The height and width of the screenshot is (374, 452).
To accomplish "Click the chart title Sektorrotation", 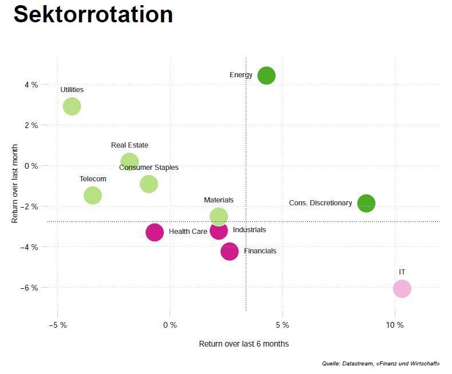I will [93, 14].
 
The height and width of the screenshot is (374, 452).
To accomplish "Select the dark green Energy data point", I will [266, 75].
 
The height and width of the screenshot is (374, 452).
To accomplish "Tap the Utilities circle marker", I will [72, 106].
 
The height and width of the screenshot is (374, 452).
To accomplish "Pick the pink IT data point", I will [402, 289].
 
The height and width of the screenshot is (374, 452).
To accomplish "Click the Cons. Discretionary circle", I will [366, 203].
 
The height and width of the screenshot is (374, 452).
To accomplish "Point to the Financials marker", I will [229, 251].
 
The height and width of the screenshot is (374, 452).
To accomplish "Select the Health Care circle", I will [155, 232].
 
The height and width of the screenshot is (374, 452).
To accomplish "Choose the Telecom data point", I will [93, 195].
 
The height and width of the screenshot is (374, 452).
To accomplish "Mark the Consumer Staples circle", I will [149, 184].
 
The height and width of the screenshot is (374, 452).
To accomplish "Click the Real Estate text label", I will [129, 145].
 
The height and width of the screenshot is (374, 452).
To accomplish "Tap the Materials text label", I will [219, 200].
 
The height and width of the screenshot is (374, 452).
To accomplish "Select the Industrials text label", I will [249, 230].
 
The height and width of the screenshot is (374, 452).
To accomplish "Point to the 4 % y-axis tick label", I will [31, 85].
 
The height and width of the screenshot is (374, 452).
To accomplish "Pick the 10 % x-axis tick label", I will [395, 325].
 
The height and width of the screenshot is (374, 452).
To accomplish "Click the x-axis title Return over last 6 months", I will [243, 344].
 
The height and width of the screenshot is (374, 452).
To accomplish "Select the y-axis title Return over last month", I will [15, 184].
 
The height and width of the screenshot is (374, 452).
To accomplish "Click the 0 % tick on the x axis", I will [170, 325].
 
